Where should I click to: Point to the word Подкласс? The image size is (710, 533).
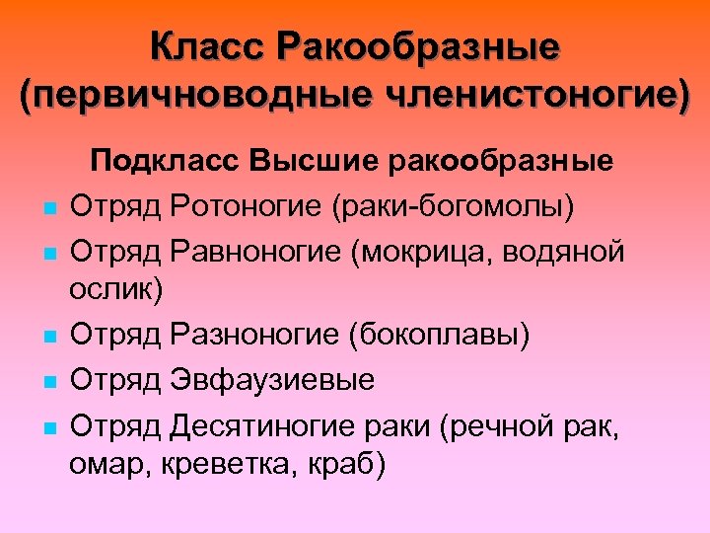coord(170,163)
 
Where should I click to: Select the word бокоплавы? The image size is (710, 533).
coord(435,336)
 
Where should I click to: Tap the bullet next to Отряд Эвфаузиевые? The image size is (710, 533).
coord(48,382)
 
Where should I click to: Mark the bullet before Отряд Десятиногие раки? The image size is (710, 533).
coord(48,426)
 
